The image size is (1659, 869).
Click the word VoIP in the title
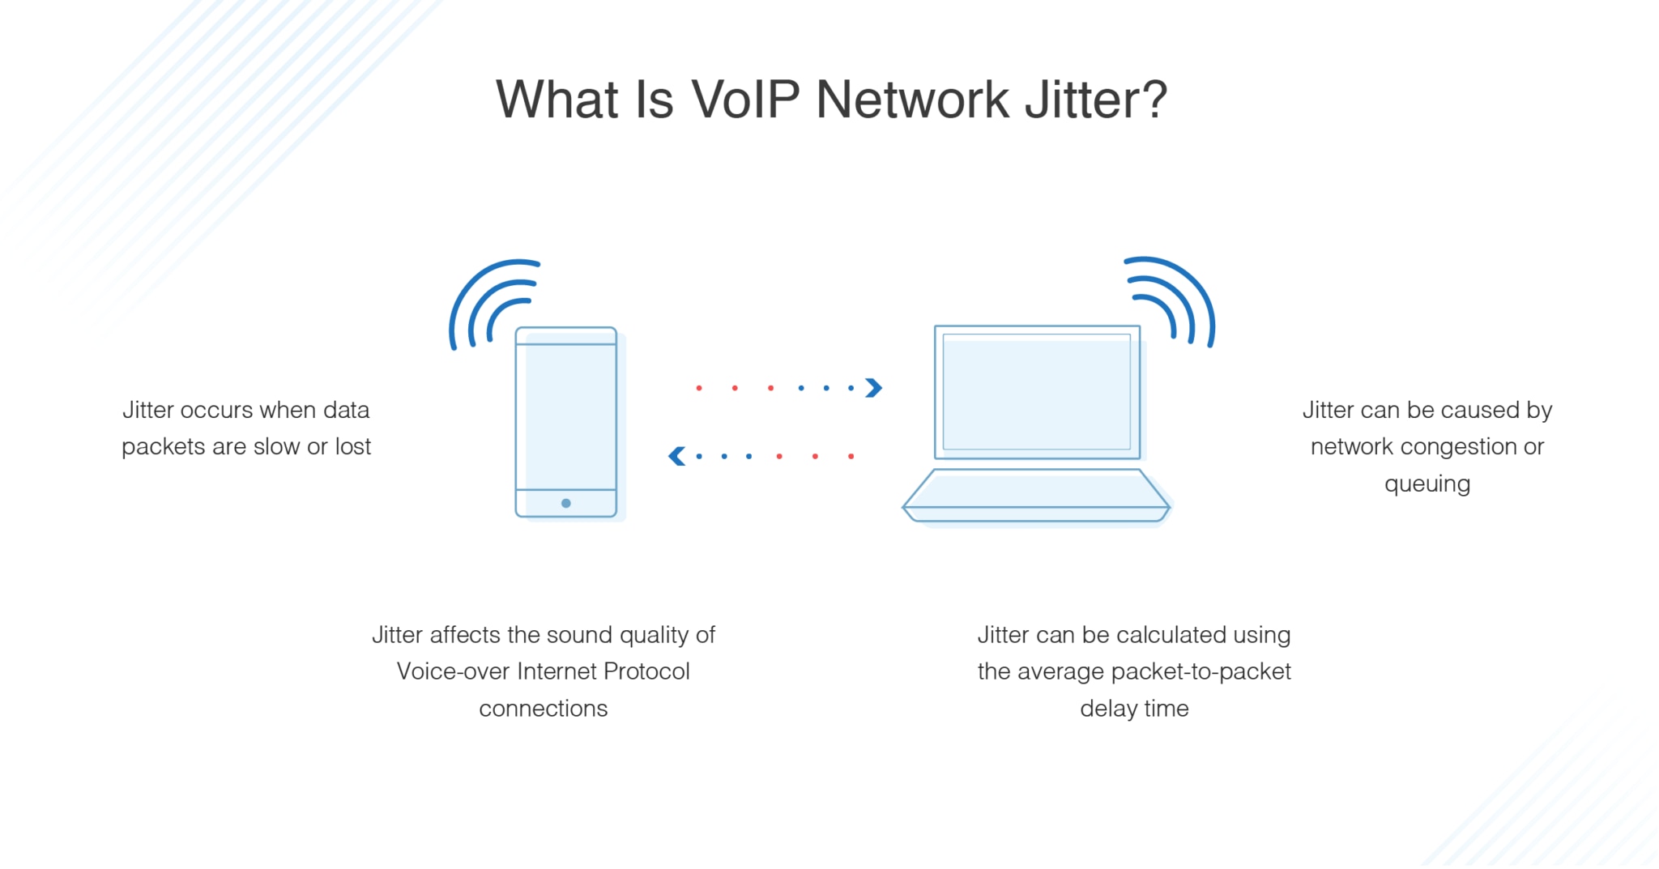pos(745,100)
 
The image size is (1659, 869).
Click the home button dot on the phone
pos(566,503)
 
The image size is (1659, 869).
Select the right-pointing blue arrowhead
pos(873,388)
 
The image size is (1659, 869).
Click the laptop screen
pos(1037,392)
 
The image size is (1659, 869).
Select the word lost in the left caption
pos(353,446)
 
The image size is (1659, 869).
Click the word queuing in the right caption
pos(1427,484)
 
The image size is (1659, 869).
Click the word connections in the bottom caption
pos(543,709)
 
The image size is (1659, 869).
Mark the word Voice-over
pos(453,671)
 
